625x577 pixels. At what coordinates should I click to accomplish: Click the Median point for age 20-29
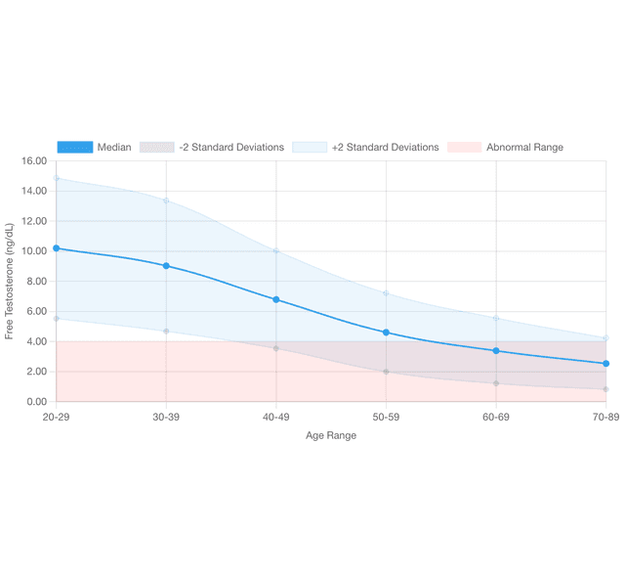56,248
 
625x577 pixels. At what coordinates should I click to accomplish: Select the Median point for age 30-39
166,266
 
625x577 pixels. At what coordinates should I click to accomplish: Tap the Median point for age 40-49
276,299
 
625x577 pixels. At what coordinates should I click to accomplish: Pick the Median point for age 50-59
386,333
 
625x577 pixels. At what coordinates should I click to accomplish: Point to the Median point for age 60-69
496,351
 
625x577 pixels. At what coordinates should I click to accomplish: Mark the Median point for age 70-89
605,364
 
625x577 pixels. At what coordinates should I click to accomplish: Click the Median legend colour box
74,148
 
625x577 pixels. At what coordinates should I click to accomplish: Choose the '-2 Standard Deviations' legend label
231,148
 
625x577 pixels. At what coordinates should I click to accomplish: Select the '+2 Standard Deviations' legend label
385,148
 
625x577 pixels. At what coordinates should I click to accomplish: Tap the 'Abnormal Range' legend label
524,148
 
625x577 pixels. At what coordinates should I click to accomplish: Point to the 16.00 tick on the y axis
33,161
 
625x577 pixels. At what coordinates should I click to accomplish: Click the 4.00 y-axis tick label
35,341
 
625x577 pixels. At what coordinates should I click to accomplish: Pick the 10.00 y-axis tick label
33,251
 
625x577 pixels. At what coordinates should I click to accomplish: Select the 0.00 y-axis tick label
35,402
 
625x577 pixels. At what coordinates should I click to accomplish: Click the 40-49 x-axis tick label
276,418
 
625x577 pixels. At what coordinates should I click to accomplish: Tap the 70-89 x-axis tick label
604,418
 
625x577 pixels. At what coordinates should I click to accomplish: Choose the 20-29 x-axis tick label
57,418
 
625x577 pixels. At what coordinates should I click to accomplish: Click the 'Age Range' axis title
331,436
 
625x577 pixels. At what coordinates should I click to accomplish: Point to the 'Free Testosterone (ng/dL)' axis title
10,282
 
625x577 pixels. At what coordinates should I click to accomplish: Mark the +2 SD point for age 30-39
166,200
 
